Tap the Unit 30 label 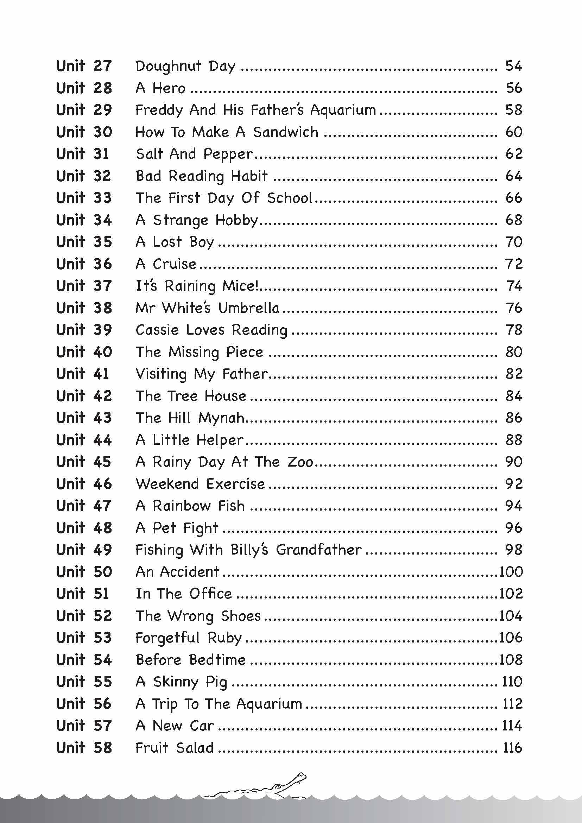pyautogui.click(x=84, y=132)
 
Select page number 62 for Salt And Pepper pyautogui.click(x=513, y=154)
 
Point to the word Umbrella pyautogui.click(x=249, y=308)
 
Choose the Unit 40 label pyautogui.click(x=84, y=352)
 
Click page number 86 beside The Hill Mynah pyautogui.click(x=513, y=418)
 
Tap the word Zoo pyautogui.click(x=300, y=462)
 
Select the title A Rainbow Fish pyautogui.click(x=190, y=506)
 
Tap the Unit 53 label pyautogui.click(x=84, y=638)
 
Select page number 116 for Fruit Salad pyautogui.click(x=512, y=748)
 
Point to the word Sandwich pyautogui.click(x=286, y=132)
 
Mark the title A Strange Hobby pyautogui.click(x=197, y=220)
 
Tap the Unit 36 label pyautogui.click(x=84, y=264)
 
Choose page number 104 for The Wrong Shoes pyautogui.click(x=511, y=616)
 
